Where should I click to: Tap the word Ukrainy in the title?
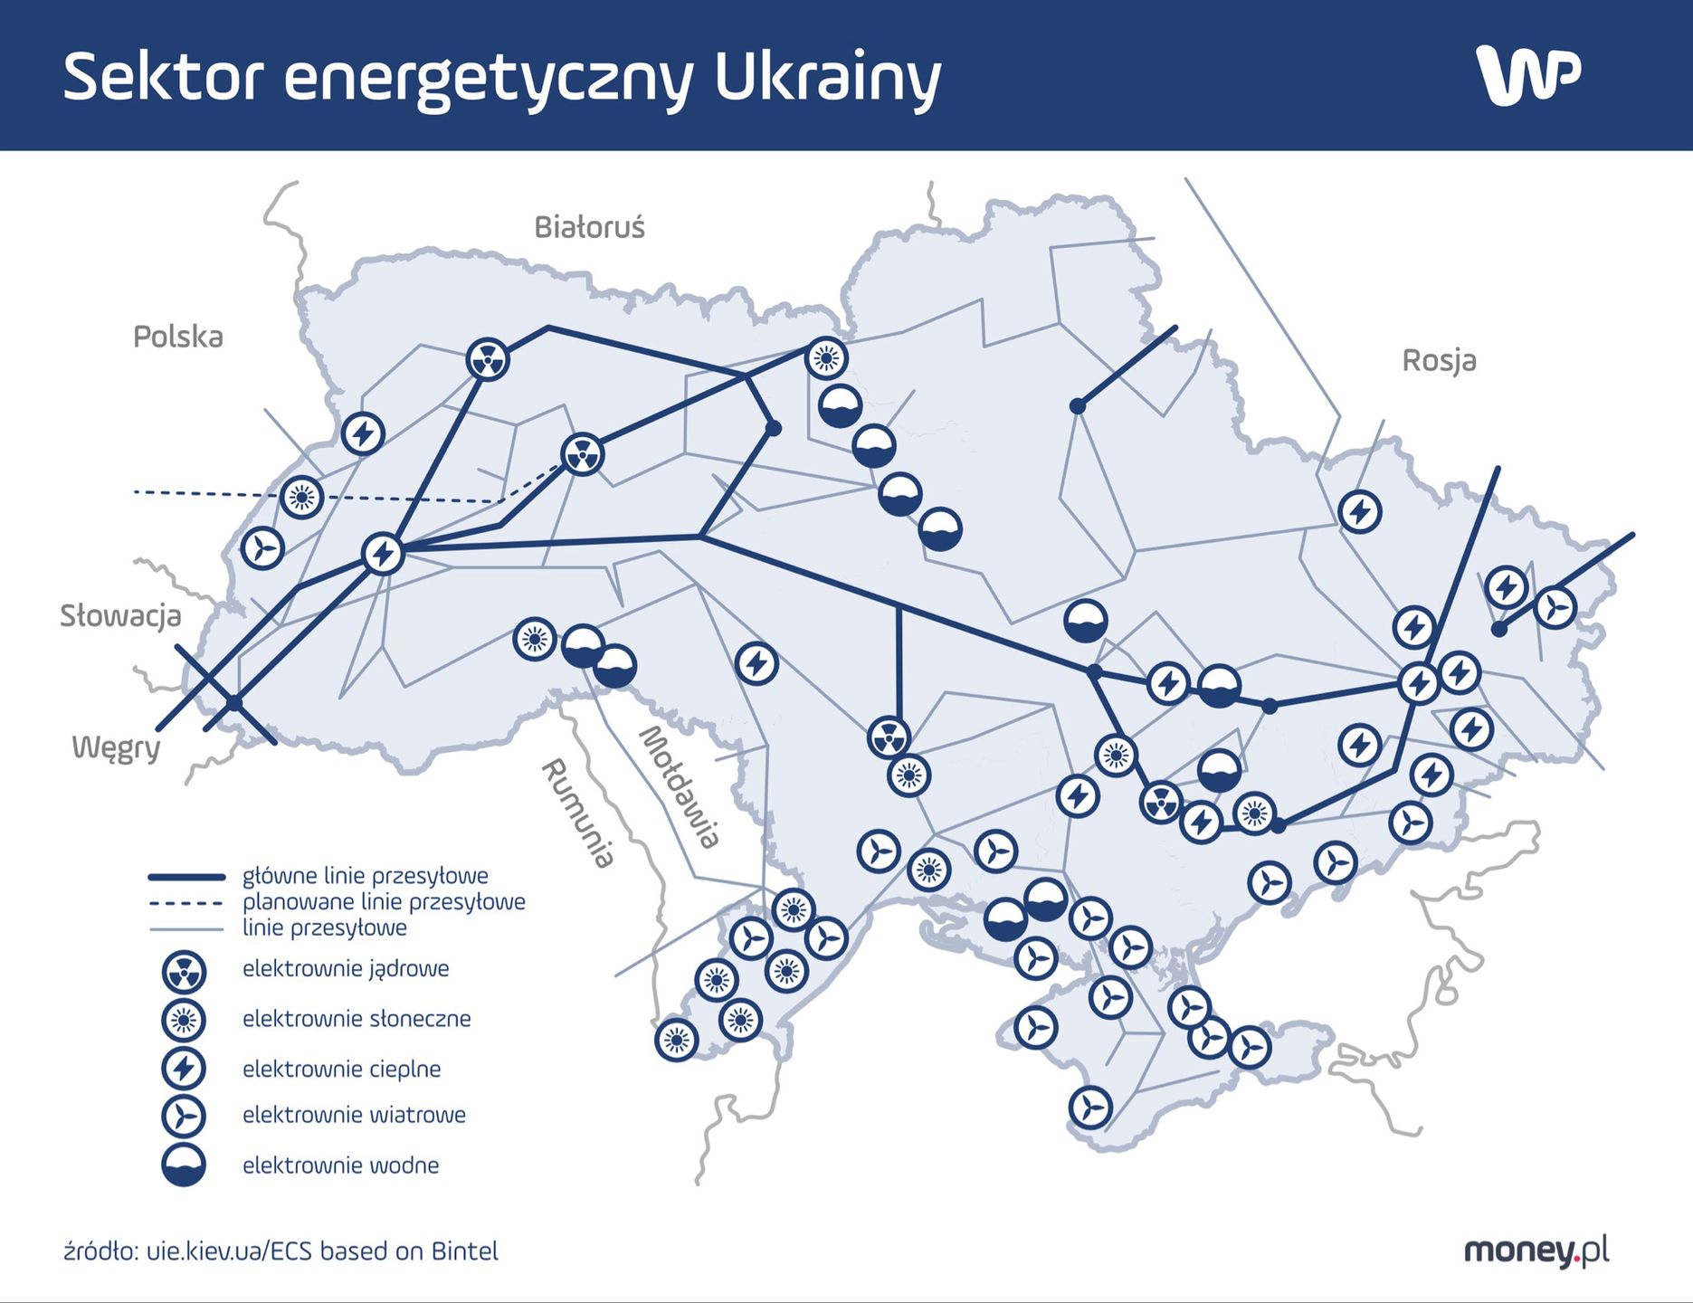click(827, 78)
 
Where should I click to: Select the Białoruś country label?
click(589, 227)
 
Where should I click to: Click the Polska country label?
click(177, 337)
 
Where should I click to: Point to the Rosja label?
click(1439, 360)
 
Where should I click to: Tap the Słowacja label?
click(120, 616)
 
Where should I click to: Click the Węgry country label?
click(116, 747)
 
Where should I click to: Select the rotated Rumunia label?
click(577, 813)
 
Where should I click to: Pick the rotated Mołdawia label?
click(680, 786)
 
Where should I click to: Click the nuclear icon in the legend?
click(184, 972)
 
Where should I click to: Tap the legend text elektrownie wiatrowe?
click(354, 1115)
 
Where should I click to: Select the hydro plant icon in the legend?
click(184, 1165)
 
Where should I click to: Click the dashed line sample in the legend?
click(185, 902)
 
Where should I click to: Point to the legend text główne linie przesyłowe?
click(365, 876)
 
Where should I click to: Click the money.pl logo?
click(1536, 1251)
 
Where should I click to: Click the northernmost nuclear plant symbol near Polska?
click(488, 360)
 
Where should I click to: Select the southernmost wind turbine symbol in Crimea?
click(1090, 1107)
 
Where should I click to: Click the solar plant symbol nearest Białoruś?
click(825, 358)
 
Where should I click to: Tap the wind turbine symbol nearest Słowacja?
click(262, 547)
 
